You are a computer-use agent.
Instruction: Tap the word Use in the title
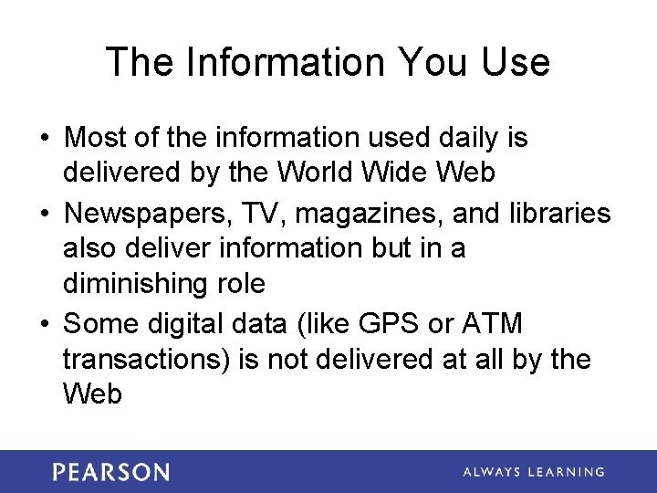516,62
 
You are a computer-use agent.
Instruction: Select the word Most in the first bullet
96,138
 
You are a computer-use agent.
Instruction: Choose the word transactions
145,359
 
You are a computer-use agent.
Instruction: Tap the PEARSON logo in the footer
110,472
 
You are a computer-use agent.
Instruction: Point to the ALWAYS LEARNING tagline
533,472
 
